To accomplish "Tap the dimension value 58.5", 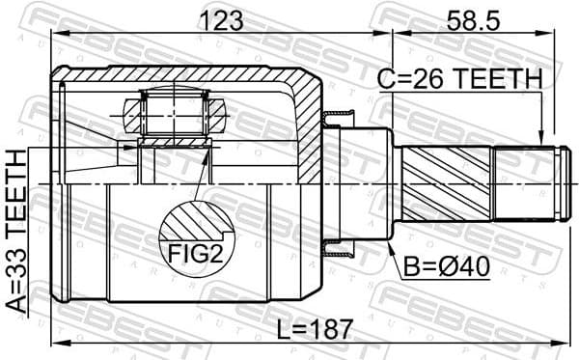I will coord(474,19).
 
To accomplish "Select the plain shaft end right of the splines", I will coord(526,183).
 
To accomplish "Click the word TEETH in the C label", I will coord(502,81).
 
